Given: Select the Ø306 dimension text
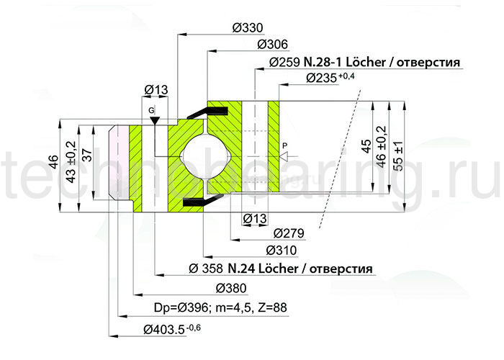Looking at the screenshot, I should point(273,45).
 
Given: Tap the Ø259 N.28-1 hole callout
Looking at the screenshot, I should point(364,62).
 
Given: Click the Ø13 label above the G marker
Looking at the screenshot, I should point(156,89).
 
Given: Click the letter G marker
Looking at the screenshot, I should point(152,109).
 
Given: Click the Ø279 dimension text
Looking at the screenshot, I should point(289,233).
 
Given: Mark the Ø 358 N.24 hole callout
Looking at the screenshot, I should point(280,269).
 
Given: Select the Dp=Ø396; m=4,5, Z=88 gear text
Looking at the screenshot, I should point(220,307).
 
